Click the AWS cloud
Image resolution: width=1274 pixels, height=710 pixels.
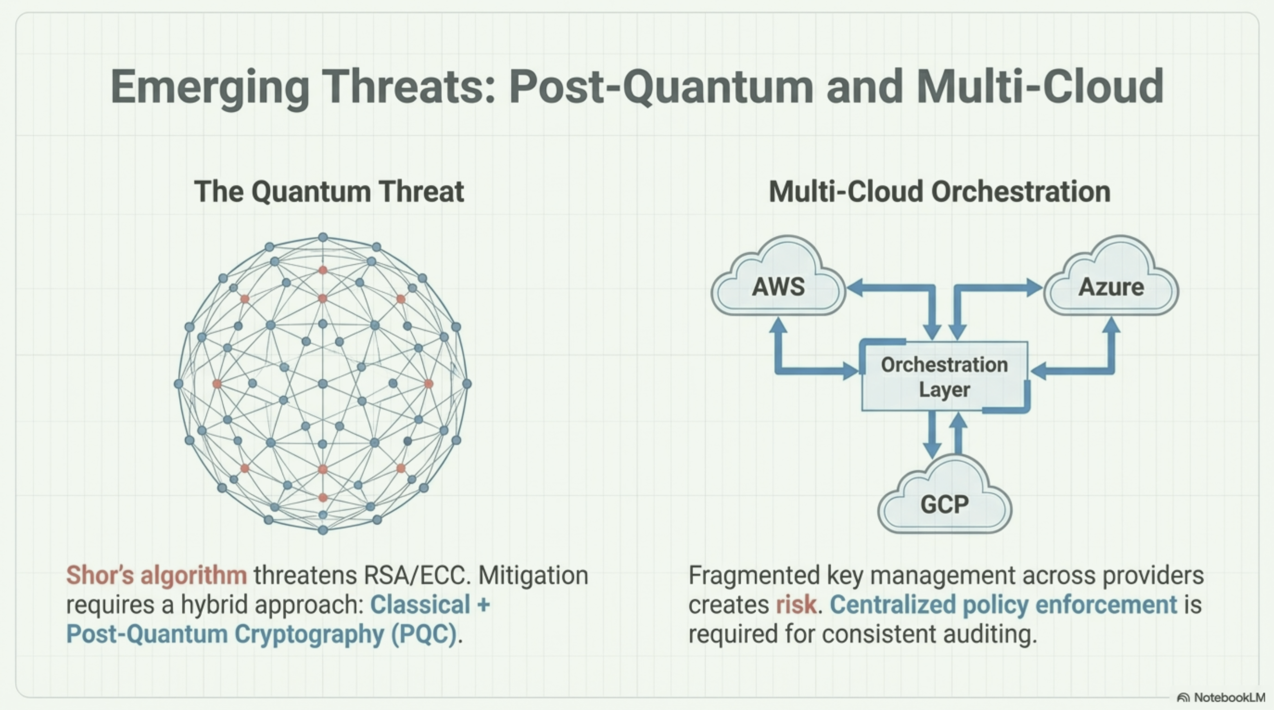pos(778,287)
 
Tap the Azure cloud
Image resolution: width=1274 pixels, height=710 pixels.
pos(1111,287)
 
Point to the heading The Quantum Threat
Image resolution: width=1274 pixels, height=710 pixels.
pos(329,191)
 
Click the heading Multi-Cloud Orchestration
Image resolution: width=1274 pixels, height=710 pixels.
pos(939,191)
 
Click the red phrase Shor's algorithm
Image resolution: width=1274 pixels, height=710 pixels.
pos(156,575)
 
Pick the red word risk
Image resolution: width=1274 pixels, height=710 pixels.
pos(796,604)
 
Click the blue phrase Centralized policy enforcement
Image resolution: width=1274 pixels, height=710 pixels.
pos(1003,604)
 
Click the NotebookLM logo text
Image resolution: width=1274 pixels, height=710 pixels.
pos(1229,697)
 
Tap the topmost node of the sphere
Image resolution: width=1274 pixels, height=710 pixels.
pos(323,238)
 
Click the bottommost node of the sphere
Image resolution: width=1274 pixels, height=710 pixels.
pos(323,530)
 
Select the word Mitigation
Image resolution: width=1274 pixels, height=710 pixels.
pos(533,575)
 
